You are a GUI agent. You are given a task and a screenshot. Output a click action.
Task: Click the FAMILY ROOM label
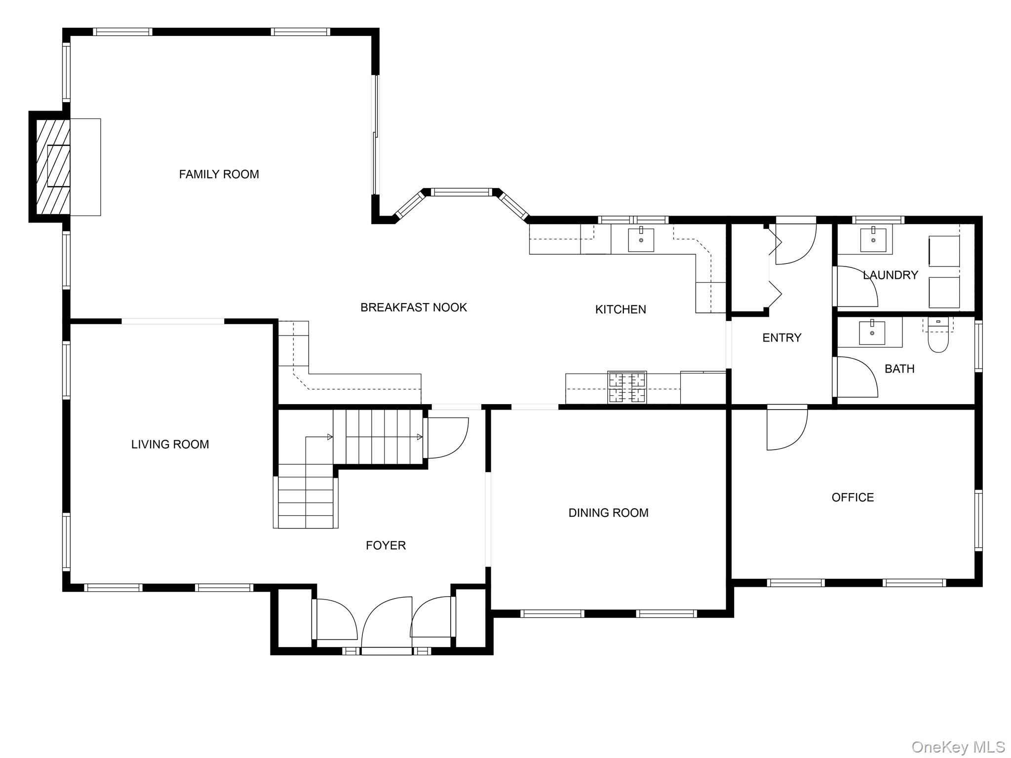tap(219, 174)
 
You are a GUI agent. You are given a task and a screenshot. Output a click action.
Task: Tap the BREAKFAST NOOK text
tap(414, 307)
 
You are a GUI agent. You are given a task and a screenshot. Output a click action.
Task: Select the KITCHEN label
tap(621, 309)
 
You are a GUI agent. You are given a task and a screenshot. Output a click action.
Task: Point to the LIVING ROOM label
tap(170, 444)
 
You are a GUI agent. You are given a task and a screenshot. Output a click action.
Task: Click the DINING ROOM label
tap(608, 513)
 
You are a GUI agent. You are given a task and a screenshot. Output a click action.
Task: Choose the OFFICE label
tap(853, 497)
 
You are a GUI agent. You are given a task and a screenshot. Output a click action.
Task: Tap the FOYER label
tap(386, 545)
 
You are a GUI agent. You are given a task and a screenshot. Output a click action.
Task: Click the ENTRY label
tap(781, 338)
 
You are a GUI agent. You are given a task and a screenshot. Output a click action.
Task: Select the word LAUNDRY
tap(890, 275)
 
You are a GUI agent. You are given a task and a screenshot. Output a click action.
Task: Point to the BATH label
tap(899, 369)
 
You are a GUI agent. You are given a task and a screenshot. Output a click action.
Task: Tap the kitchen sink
tap(641, 240)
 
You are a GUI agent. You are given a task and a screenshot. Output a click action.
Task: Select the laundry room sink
tap(873, 240)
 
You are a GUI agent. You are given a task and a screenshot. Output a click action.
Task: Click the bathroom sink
tap(872, 333)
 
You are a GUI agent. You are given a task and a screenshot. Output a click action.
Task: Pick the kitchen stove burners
tap(627, 387)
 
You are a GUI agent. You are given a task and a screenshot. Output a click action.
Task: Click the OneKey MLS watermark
tap(958, 747)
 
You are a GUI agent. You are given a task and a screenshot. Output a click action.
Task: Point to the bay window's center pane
tap(462, 192)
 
